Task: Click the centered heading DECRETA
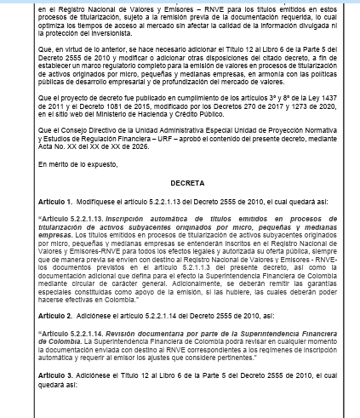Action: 180,206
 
